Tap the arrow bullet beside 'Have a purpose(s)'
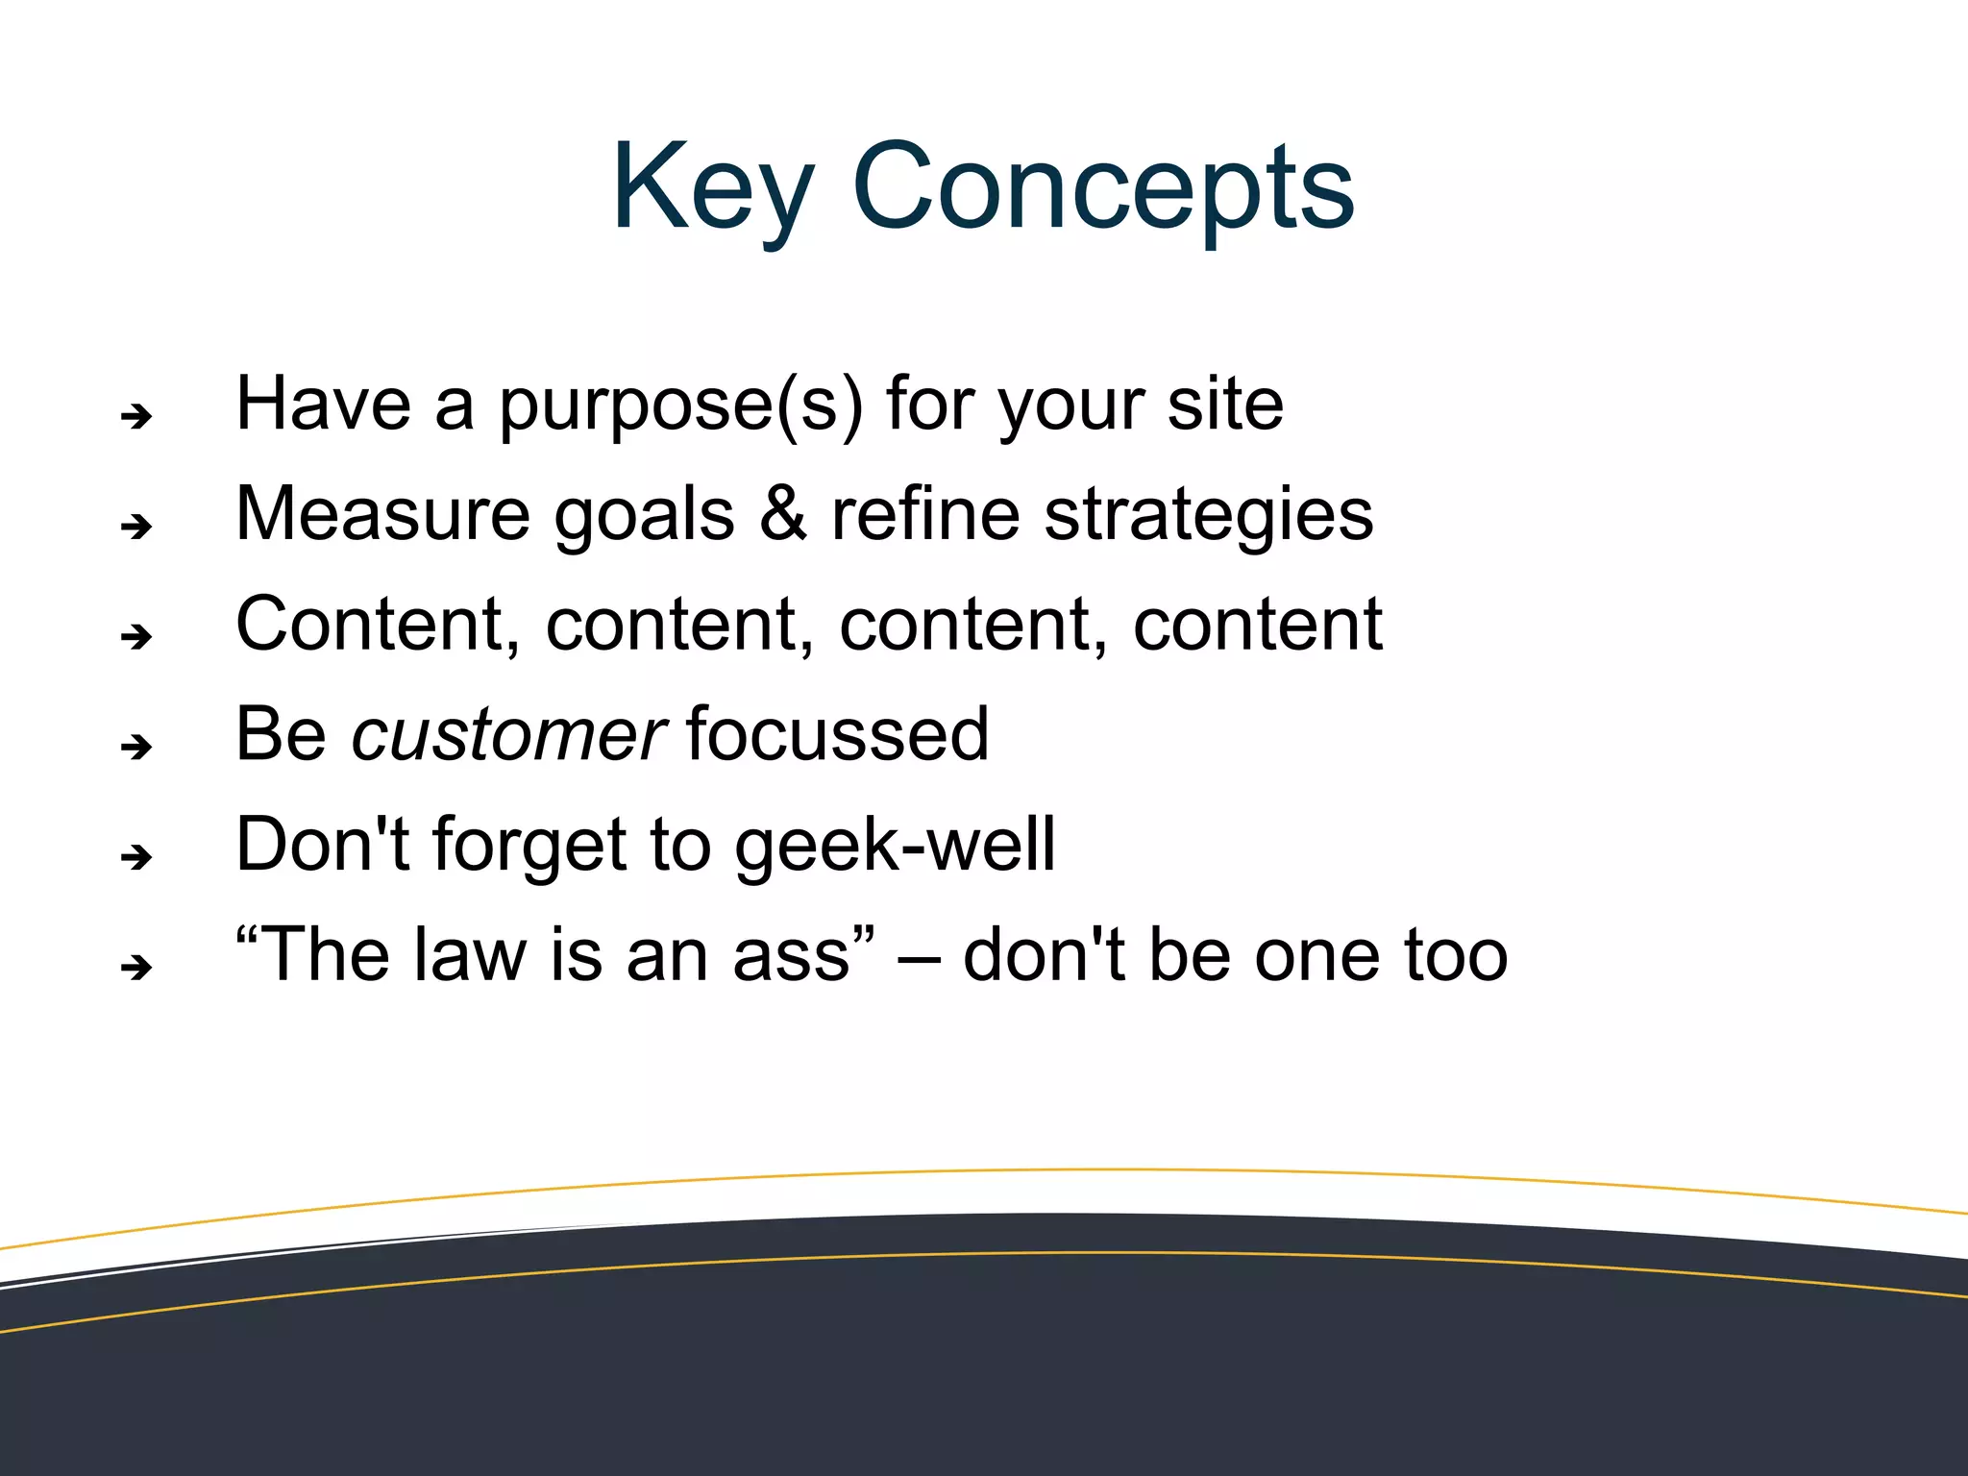click(x=136, y=416)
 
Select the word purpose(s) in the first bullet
click(x=680, y=406)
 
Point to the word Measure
click(x=382, y=514)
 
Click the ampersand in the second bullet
click(x=783, y=514)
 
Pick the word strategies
click(x=1209, y=516)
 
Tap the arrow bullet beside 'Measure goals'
click(x=136, y=526)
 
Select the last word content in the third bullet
click(x=1258, y=625)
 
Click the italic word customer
click(x=507, y=735)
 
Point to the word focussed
click(x=837, y=735)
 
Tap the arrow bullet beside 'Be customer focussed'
click(x=136, y=746)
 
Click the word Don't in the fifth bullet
click(x=323, y=845)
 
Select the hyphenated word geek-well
click(x=895, y=847)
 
